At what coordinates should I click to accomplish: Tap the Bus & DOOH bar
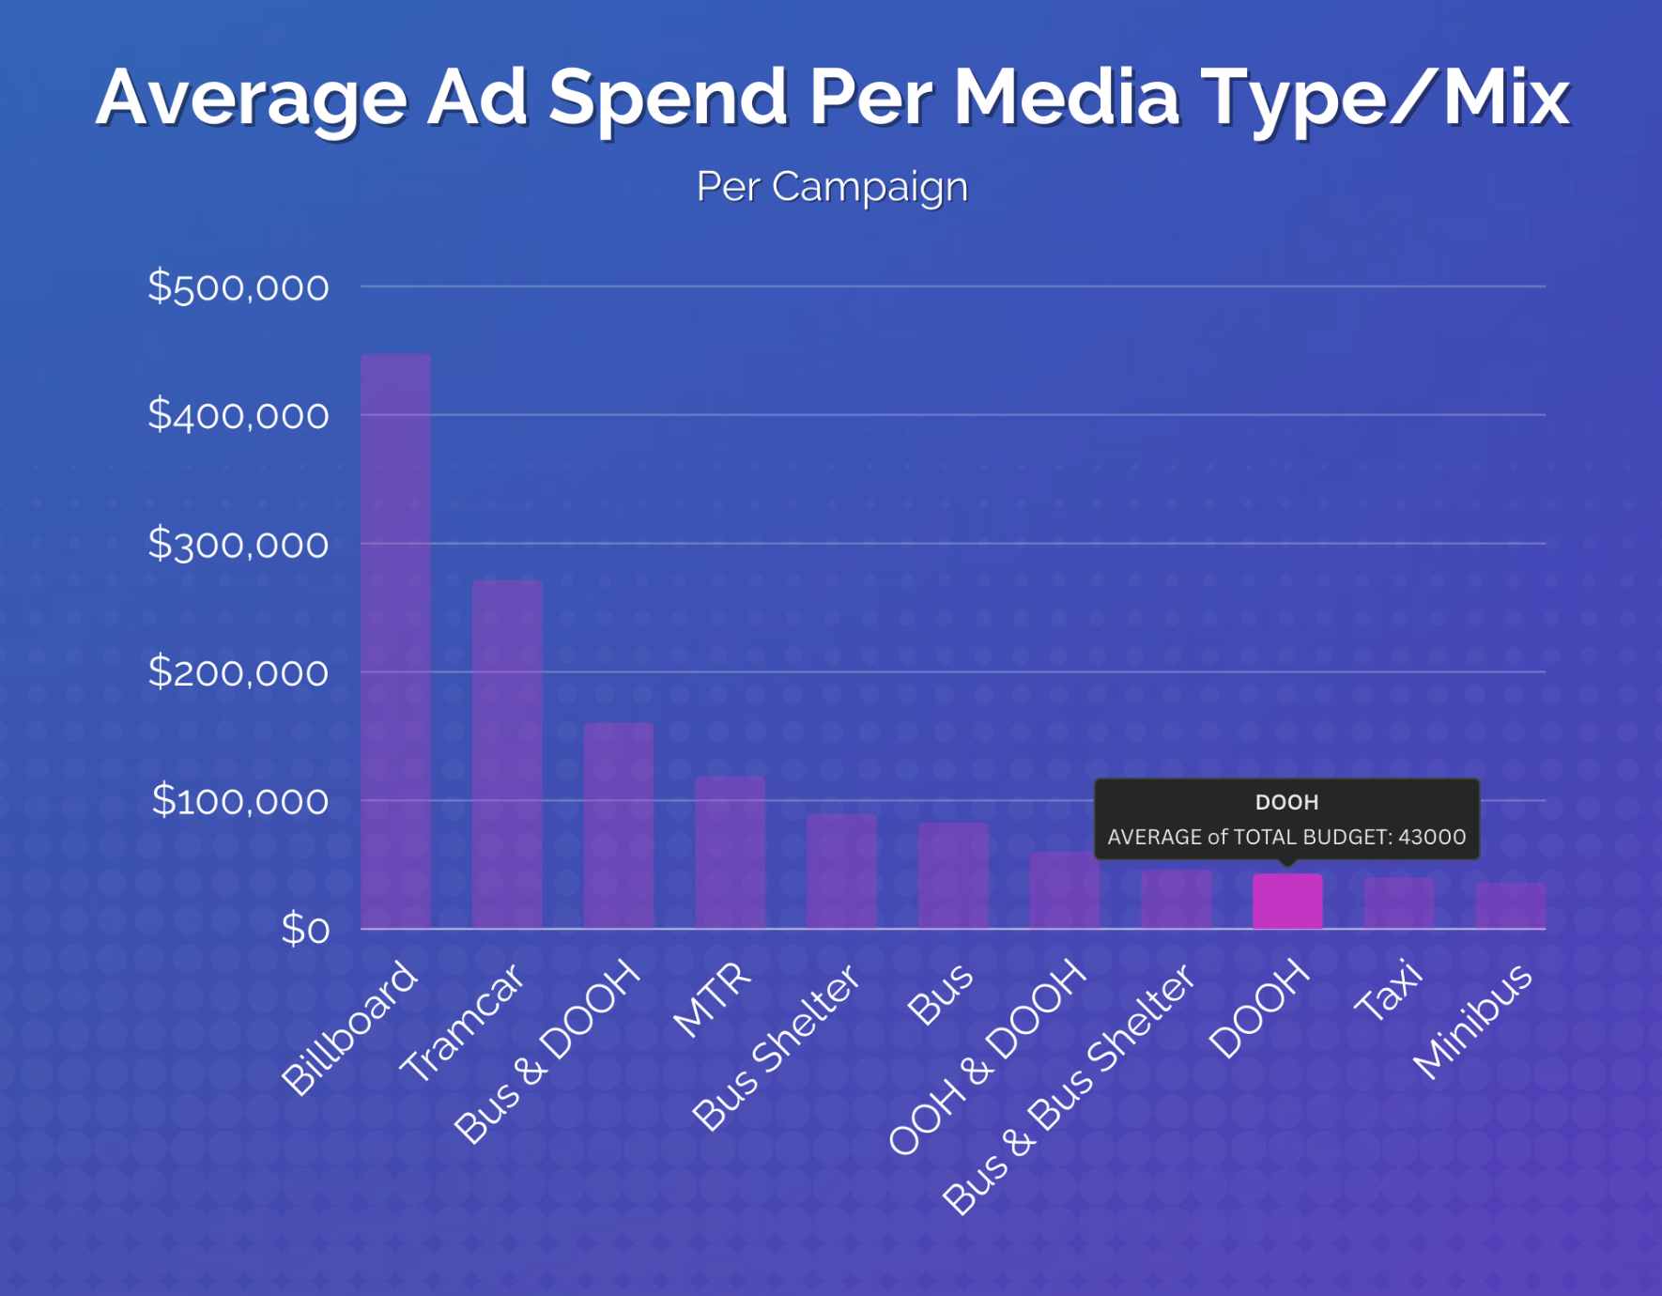618,825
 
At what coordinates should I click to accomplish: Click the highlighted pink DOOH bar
1287,902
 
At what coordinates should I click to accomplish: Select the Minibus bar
1510,905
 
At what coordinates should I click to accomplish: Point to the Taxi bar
1399,903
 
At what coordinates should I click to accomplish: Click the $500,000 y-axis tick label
238,286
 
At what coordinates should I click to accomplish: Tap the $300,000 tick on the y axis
238,544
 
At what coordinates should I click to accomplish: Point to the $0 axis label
305,930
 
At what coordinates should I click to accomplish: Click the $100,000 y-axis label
239,801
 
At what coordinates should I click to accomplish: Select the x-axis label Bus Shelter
777,1047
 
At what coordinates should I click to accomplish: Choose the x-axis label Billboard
349,1028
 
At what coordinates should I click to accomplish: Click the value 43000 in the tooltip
1431,837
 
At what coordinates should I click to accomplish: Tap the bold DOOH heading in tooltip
1286,802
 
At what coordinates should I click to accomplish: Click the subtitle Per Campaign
831,187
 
